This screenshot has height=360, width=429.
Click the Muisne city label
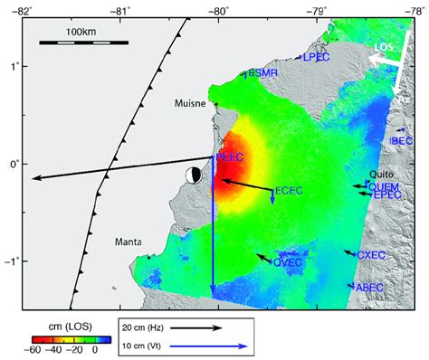190,104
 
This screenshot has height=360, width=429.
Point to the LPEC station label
316,57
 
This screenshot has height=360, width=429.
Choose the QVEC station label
288,262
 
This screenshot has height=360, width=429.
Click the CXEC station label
372,256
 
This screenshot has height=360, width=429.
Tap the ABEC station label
369,288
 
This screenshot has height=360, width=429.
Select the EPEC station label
386,194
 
